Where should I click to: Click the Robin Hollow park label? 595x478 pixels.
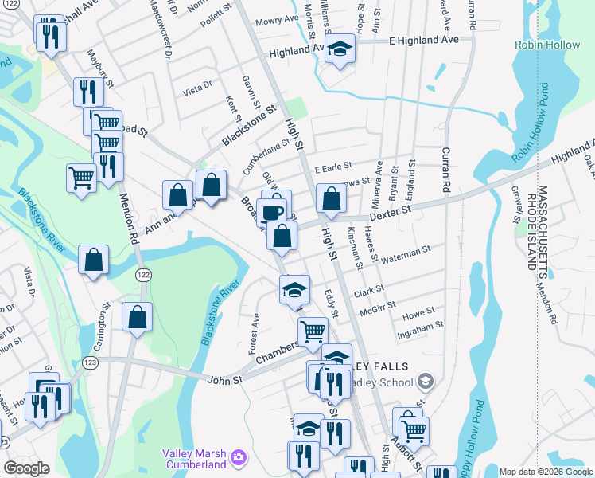click(547, 45)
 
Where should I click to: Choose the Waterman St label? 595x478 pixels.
click(406, 254)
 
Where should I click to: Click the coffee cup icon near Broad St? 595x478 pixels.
click(272, 212)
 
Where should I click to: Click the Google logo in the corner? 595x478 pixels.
click(26, 468)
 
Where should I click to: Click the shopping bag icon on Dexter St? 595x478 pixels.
click(330, 199)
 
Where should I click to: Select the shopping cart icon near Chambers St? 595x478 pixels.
click(313, 331)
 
